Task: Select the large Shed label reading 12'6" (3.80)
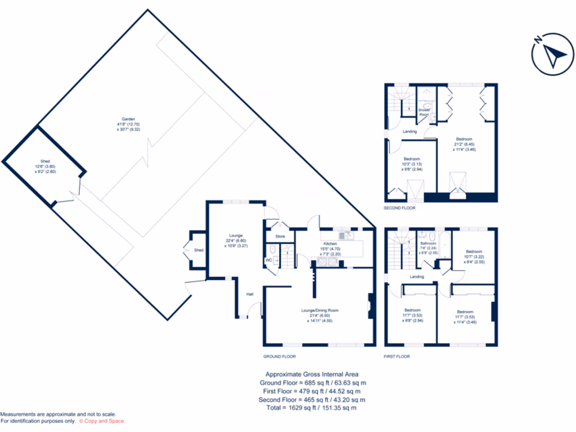pos(45,166)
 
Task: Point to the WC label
pos(268,260)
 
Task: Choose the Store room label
pos(280,236)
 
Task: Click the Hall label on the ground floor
pos(250,294)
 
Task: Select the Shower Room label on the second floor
pos(424,112)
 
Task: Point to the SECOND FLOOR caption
pos(400,208)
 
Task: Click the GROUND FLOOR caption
pos(280,357)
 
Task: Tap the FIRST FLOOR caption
pos(397,357)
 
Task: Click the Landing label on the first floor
pos(417,277)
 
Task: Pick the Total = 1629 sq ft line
pos(312,408)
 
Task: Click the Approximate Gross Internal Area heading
pos(312,374)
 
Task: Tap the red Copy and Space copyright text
pos(102,421)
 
